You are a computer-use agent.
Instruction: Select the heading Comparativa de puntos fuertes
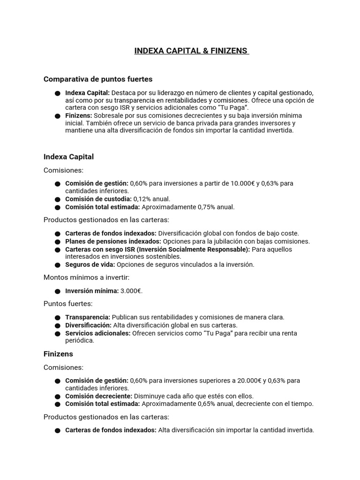coord(98,79)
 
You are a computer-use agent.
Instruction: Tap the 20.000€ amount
coord(246,381)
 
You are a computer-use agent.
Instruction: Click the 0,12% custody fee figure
coord(142,199)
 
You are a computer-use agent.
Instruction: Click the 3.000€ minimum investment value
coord(131,291)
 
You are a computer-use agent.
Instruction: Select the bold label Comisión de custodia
coord(98,199)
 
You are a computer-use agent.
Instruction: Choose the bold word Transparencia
coord(88,317)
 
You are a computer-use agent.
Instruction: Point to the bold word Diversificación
coord(88,325)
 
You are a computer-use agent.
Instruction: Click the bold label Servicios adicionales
coord(98,333)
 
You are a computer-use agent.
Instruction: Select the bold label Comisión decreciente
coord(99,396)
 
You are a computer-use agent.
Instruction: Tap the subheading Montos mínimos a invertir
coord(86,277)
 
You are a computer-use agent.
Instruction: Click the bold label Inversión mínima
coord(92,291)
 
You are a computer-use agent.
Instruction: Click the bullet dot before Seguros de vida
coord(57,265)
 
